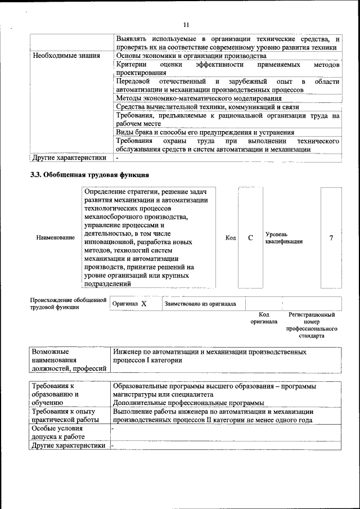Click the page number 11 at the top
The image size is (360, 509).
coord(187,25)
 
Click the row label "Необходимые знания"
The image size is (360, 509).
coord(66,56)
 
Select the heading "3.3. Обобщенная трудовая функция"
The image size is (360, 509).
coord(89,175)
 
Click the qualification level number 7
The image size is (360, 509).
coord(331,238)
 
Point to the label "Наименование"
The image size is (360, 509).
coord(55,238)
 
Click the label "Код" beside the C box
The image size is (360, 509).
coord(231,238)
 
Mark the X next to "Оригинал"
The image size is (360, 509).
coord(143,304)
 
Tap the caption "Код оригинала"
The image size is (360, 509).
coord(264,318)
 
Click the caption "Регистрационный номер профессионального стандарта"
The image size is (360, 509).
coord(311,325)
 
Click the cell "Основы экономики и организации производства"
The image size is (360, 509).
coord(191,56)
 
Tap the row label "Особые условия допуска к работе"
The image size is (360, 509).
coord(58,433)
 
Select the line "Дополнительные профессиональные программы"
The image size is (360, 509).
coord(188,403)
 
